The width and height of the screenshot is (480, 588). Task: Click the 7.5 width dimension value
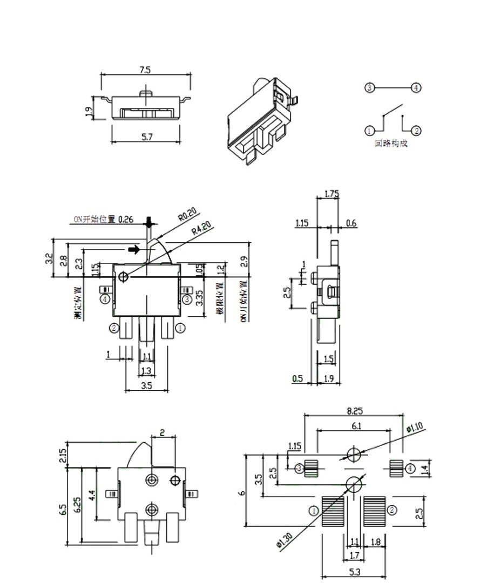pyautogui.click(x=145, y=70)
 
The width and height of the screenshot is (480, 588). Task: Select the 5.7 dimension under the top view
pyautogui.click(x=147, y=137)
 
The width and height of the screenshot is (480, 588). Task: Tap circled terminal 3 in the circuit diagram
pyautogui.click(x=369, y=87)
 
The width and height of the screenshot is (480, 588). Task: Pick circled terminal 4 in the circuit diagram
pyautogui.click(x=416, y=87)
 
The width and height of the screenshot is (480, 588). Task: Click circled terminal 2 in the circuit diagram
pyautogui.click(x=416, y=131)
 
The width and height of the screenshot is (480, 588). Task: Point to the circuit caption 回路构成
pyautogui.click(x=391, y=144)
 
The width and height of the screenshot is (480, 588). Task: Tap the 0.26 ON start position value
pyautogui.click(x=125, y=219)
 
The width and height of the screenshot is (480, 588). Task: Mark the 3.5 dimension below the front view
pyautogui.click(x=146, y=386)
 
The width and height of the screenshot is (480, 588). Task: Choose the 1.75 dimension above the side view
pyautogui.click(x=332, y=194)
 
